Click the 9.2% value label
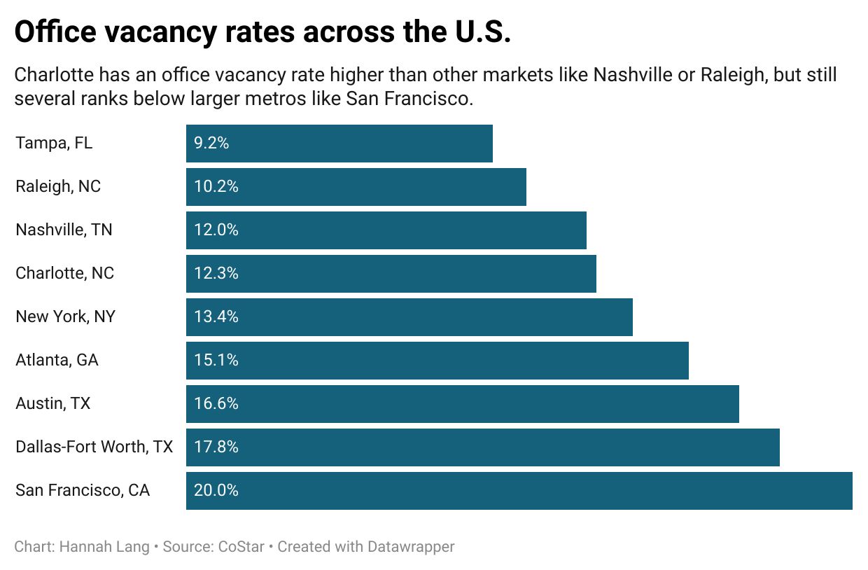click(211, 144)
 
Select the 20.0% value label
click(216, 490)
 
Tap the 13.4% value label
click(216, 317)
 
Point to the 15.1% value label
click(216, 360)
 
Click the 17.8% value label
click(216, 447)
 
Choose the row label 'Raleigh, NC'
click(58, 187)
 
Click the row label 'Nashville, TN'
click(64, 230)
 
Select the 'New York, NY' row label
click(66, 317)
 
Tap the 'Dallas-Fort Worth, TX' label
click(94, 447)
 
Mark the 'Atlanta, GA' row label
click(57, 360)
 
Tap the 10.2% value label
click(216, 187)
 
